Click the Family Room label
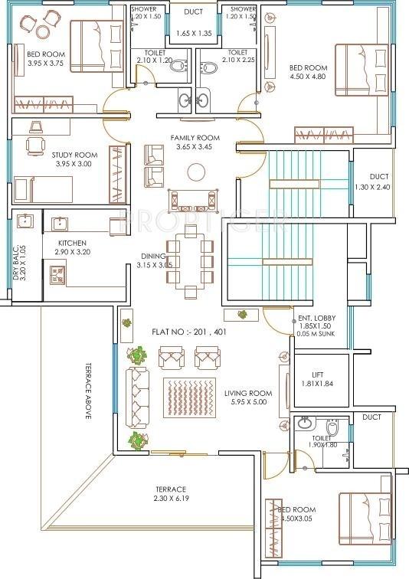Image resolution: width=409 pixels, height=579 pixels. coord(195,138)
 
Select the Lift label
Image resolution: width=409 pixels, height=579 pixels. coord(317,375)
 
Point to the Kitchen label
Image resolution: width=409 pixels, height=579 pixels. coord(72,243)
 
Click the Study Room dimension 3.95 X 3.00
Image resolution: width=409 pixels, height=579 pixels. coord(74,164)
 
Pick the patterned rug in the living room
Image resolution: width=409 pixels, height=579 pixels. coord(189,397)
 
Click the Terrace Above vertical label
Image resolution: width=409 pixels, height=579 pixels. coord(88,391)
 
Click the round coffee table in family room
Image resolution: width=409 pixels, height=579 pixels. coord(196,172)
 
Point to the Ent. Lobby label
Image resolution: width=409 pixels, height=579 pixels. coord(317,318)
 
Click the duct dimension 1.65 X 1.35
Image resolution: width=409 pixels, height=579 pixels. coord(194,33)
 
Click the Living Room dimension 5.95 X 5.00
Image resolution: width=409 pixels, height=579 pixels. coord(249,402)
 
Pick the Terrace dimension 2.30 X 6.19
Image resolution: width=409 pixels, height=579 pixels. coord(171,498)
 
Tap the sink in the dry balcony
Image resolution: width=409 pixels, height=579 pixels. coord(25,221)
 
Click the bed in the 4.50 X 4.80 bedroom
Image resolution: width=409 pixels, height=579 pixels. coord(362,70)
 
